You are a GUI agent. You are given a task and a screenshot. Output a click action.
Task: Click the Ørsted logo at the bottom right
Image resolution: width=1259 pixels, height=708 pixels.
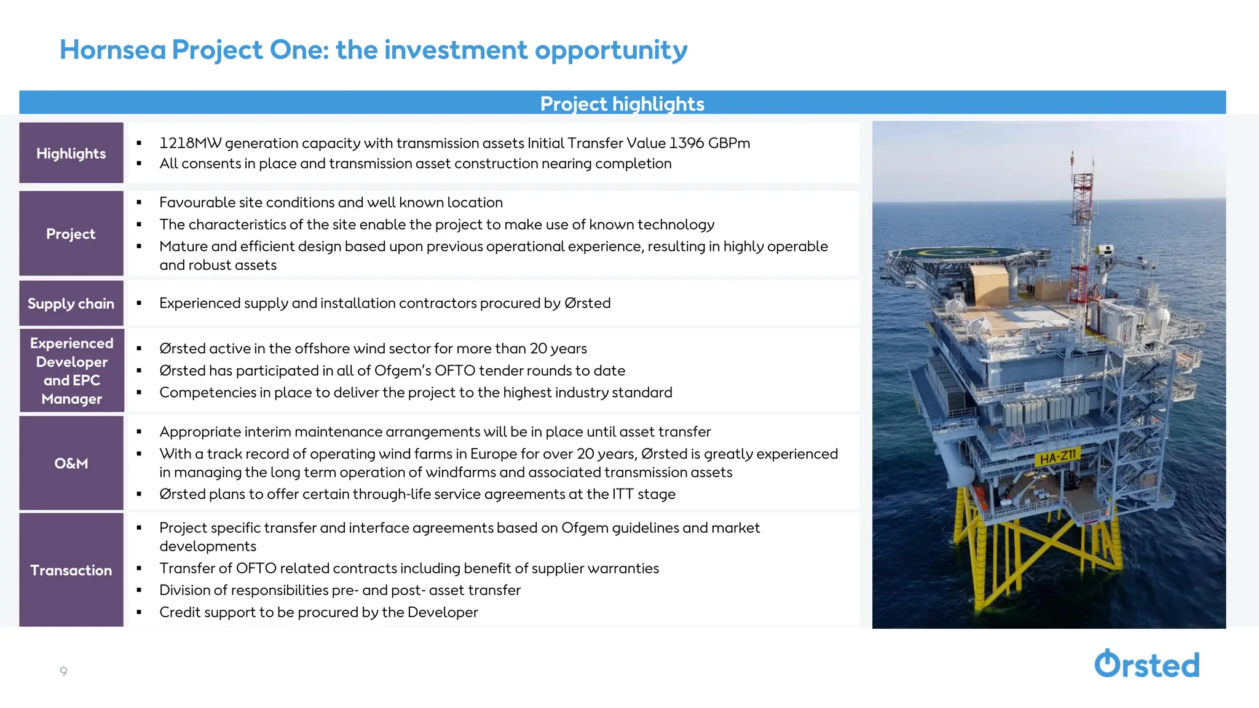[1147, 664]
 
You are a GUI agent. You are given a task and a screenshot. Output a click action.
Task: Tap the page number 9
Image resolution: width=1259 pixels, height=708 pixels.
[63, 671]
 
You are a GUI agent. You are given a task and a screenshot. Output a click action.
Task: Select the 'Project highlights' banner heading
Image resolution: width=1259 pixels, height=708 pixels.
[622, 103]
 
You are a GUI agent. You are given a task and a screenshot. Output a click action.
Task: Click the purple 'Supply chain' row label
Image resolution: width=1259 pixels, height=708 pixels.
[71, 304]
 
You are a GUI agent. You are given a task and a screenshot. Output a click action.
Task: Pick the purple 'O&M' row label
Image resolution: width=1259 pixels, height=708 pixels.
[71, 463]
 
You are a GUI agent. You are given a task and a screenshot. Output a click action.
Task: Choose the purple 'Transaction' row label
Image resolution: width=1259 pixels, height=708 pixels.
[71, 570]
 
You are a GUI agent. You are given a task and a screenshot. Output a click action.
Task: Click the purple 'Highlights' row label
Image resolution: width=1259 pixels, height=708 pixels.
[71, 153]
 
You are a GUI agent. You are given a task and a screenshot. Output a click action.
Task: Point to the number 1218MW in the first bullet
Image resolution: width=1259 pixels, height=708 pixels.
[190, 143]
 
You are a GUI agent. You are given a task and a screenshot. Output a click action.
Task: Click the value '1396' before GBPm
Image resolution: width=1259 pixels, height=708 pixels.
[686, 143]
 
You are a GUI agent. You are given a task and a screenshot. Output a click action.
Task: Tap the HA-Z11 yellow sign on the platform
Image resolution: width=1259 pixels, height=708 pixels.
[1058, 457]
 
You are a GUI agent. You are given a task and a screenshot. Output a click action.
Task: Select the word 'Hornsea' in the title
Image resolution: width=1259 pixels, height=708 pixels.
[112, 50]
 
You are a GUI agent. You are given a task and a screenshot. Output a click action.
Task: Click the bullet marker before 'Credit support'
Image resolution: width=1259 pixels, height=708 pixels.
[140, 612]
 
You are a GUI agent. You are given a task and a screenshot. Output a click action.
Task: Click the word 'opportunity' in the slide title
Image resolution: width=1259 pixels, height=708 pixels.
[610, 50]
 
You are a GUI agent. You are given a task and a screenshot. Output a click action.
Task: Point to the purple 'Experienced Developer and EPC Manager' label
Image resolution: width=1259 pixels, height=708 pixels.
[71, 371]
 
